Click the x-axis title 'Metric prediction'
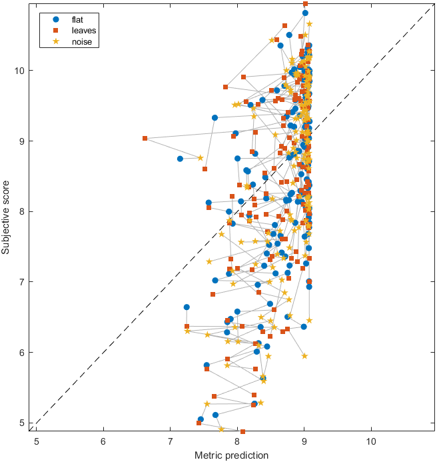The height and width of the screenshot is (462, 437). coord(231,455)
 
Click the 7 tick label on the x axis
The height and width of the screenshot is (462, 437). coord(171,441)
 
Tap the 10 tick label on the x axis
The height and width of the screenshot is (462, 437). coord(371,441)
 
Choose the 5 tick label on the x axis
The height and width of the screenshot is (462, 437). coord(37,441)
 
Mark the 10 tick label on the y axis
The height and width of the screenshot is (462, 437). coord(22,71)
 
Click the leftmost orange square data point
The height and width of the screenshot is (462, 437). coord(145,139)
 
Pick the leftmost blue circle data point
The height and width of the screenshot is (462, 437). coord(180,159)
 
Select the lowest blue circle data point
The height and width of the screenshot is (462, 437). coord(201,419)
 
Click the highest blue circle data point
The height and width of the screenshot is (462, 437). coord(305,13)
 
